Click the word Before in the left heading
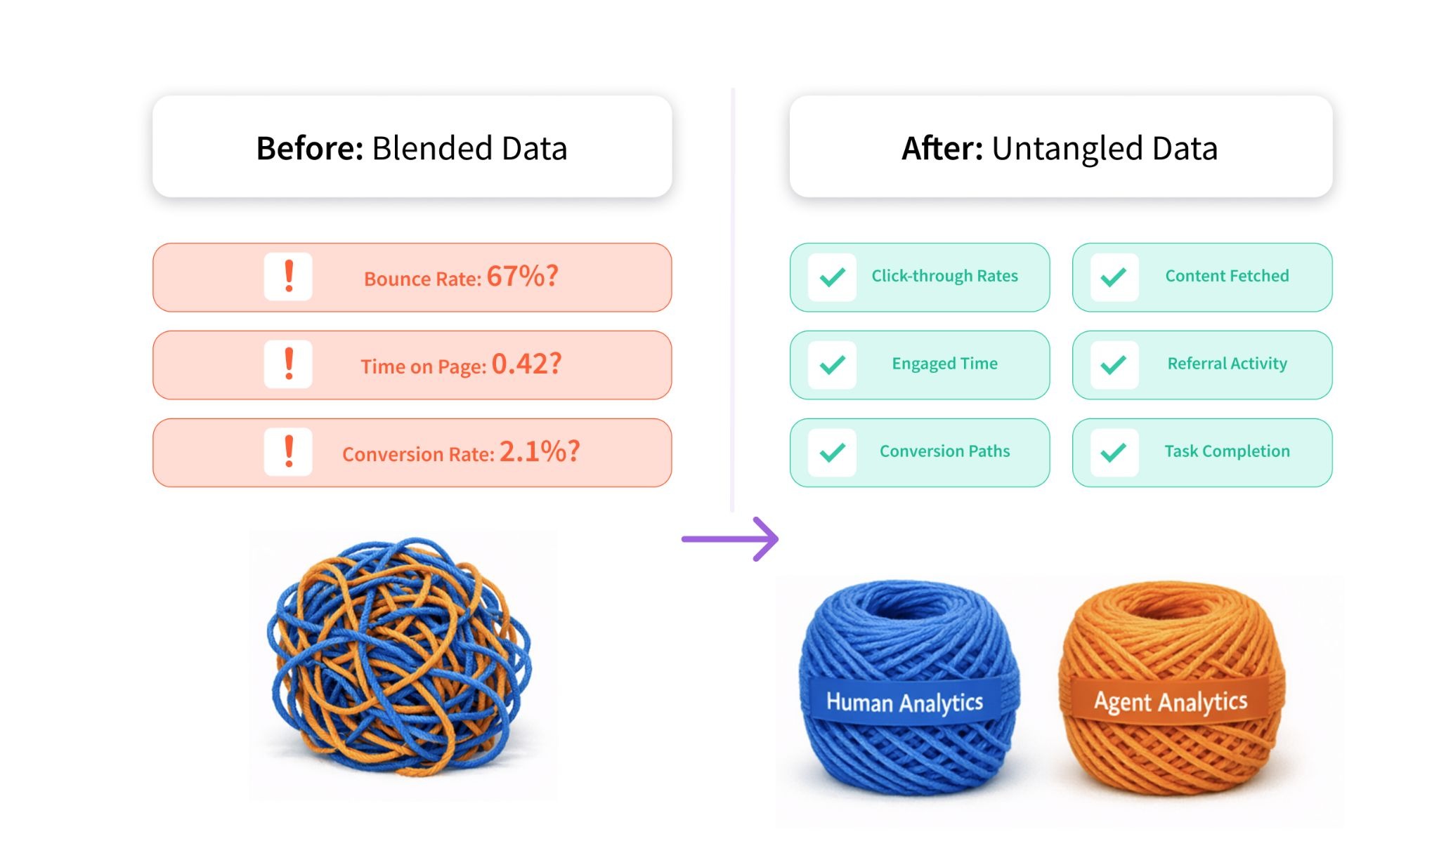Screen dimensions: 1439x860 (309, 148)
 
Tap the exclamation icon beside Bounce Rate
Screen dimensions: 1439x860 (288, 277)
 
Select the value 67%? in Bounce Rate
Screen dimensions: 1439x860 (522, 276)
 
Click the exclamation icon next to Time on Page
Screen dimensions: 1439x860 (288, 364)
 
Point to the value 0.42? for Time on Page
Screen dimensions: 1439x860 (526, 364)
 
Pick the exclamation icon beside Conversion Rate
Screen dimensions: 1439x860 (288, 452)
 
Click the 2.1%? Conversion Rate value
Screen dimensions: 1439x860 (540, 451)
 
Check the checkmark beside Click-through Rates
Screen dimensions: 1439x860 (832, 277)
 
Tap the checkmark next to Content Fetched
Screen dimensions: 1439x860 (1114, 277)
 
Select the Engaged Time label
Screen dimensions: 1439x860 (944, 364)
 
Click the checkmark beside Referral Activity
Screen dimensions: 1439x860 (1114, 365)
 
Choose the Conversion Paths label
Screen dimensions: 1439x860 (944, 451)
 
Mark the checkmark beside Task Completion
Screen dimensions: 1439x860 (1114, 453)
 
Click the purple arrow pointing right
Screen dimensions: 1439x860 (730, 539)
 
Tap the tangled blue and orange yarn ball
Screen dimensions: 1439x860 (399, 656)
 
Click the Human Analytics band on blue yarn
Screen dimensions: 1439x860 (905, 702)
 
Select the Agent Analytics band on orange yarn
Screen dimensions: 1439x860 (1171, 701)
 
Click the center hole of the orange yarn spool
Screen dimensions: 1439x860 (1169, 605)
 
